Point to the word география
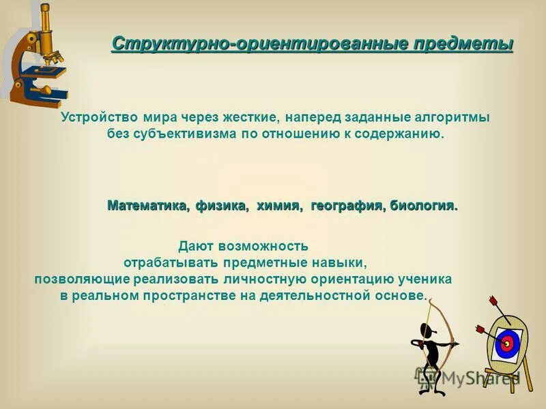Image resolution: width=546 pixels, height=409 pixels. [x=349, y=206]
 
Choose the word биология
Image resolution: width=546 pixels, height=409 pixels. [x=424, y=206]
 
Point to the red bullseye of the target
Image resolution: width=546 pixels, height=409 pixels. [x=506, y=343]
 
